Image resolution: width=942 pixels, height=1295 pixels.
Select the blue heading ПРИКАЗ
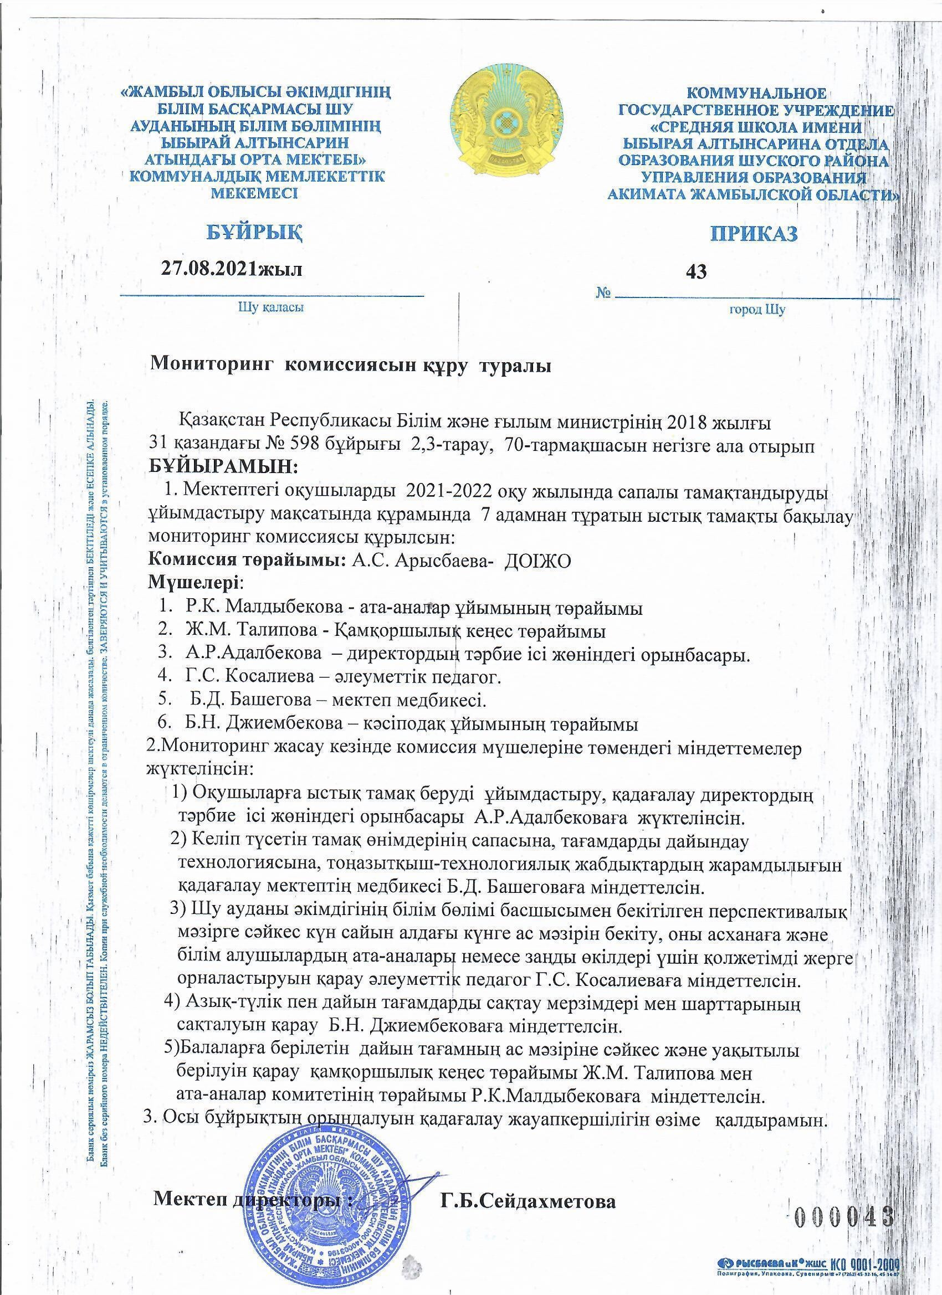754,234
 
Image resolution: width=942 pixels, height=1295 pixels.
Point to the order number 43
698,273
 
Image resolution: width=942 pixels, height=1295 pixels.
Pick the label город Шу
757,310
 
